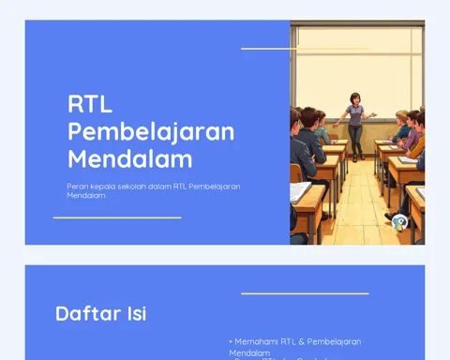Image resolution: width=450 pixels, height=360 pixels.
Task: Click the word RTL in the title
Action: [89, 103]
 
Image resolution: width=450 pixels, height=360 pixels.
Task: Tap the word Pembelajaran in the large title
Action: [151, 130]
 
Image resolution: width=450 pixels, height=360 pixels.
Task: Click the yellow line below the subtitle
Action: [117, 217]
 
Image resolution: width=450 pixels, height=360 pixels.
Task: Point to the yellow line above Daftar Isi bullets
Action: [305, 293]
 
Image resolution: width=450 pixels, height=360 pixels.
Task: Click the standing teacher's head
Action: [355, 98]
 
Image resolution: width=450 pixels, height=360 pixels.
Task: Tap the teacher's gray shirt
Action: [355, 115]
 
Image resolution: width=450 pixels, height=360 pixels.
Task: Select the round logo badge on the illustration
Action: [400, 222]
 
